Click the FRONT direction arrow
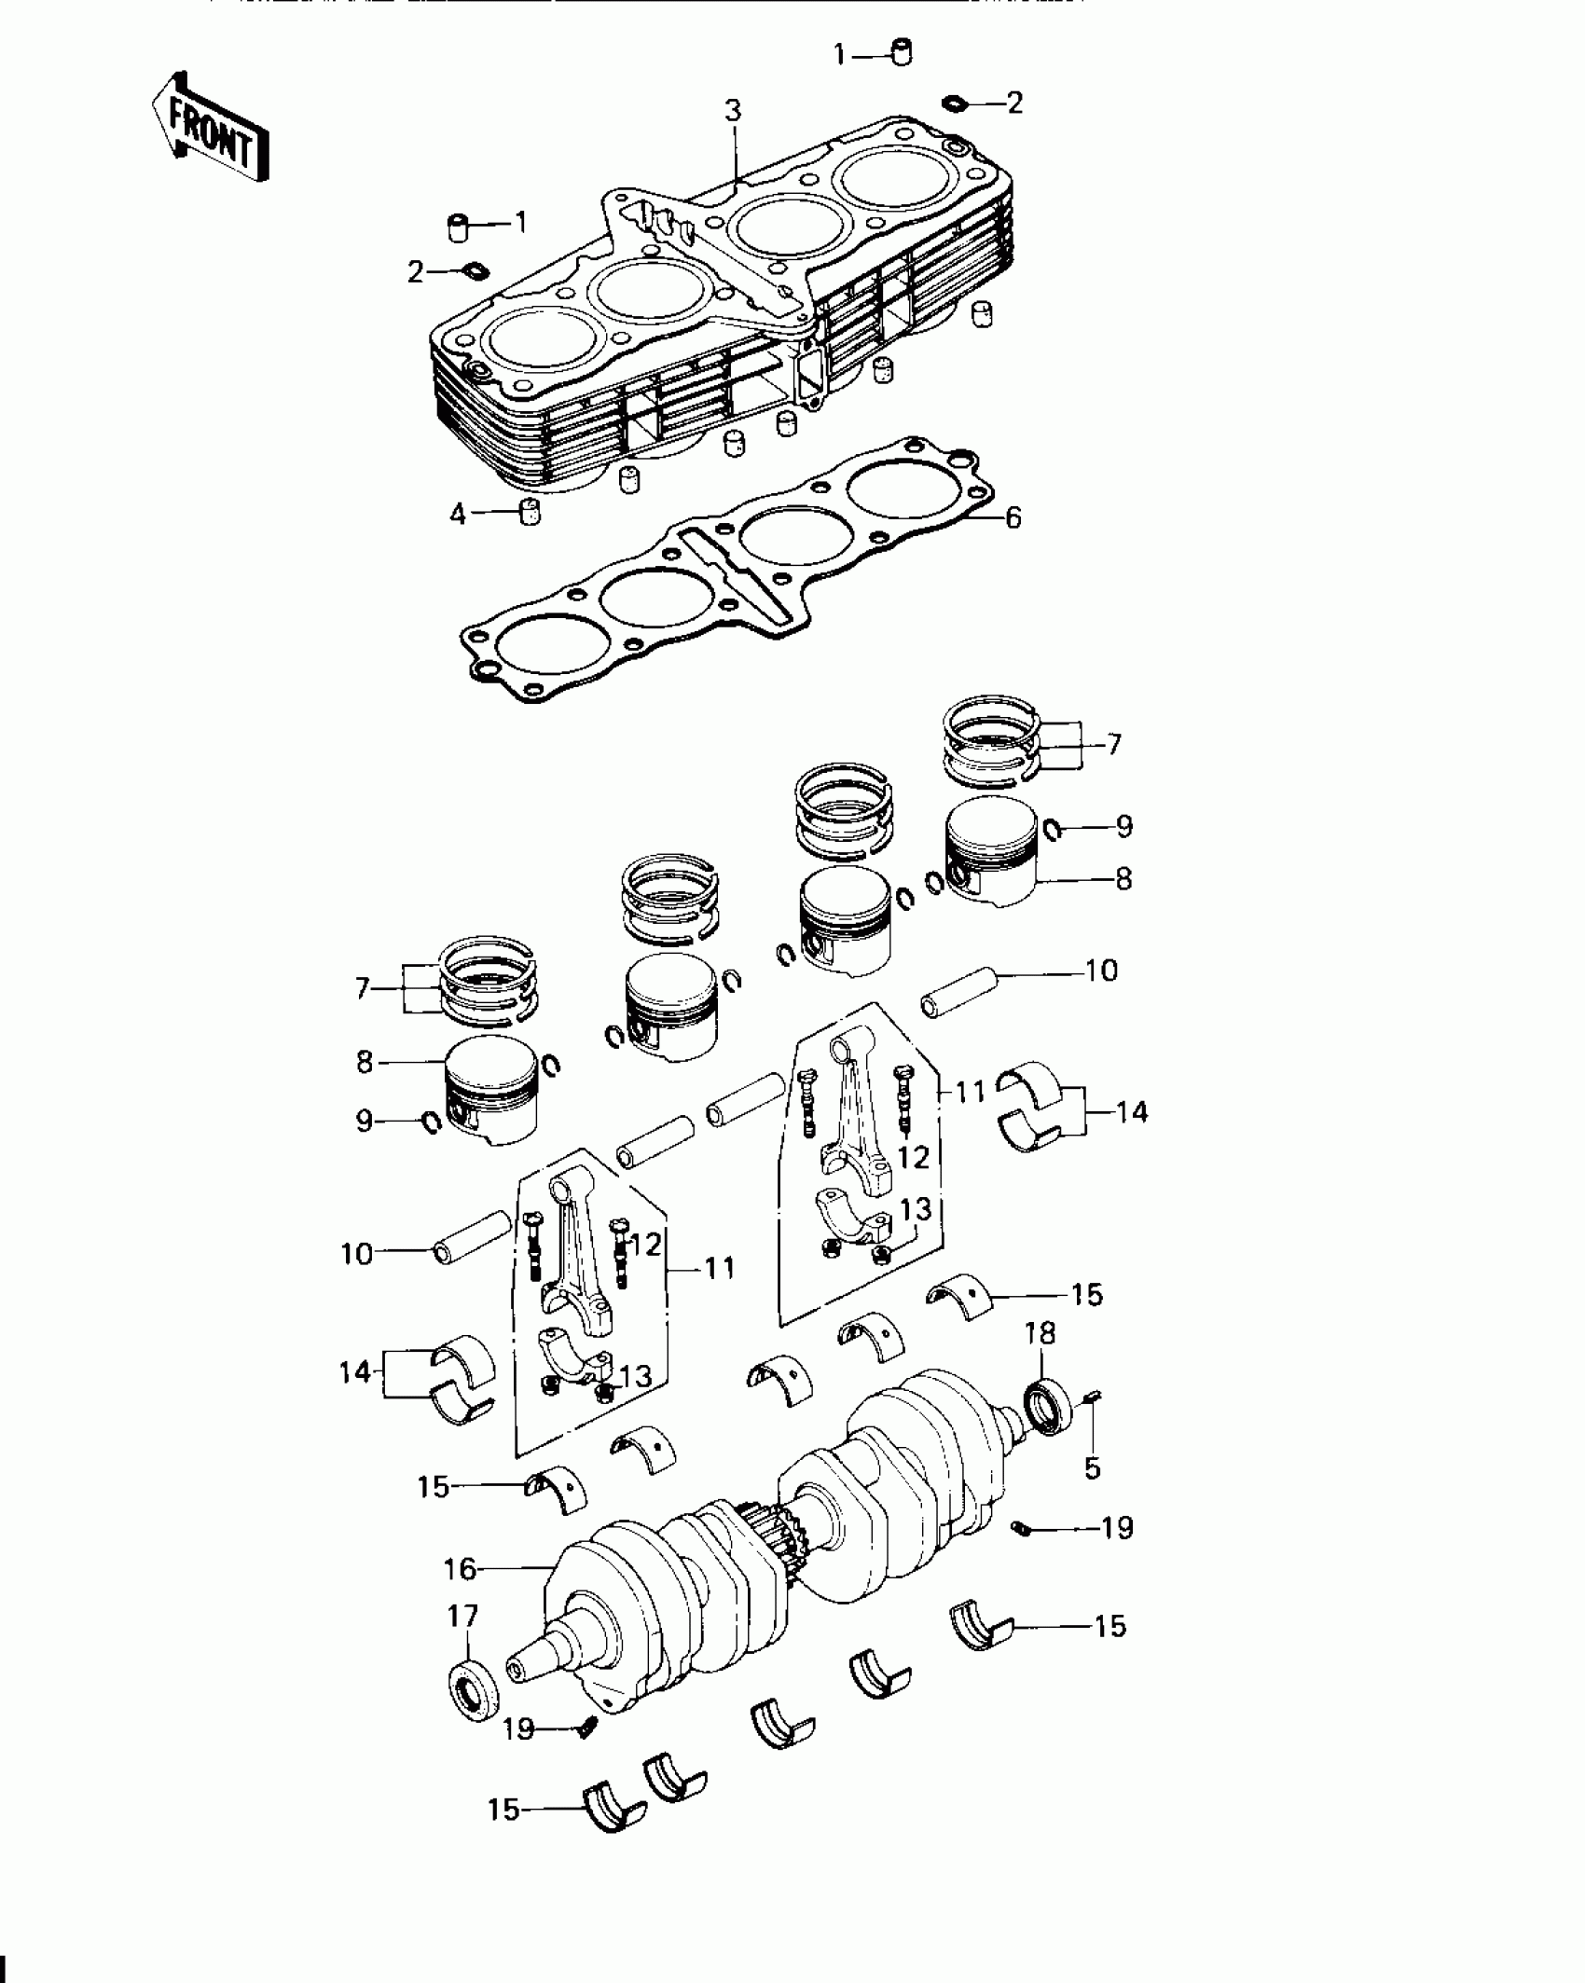coord(211,127)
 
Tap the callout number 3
coord(734,111)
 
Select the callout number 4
coord(458,514)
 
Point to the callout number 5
coord(1093,1468)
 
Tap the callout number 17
coord(463,1616)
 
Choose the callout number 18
coord(1041,1334)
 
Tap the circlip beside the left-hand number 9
coord(432,1122)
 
